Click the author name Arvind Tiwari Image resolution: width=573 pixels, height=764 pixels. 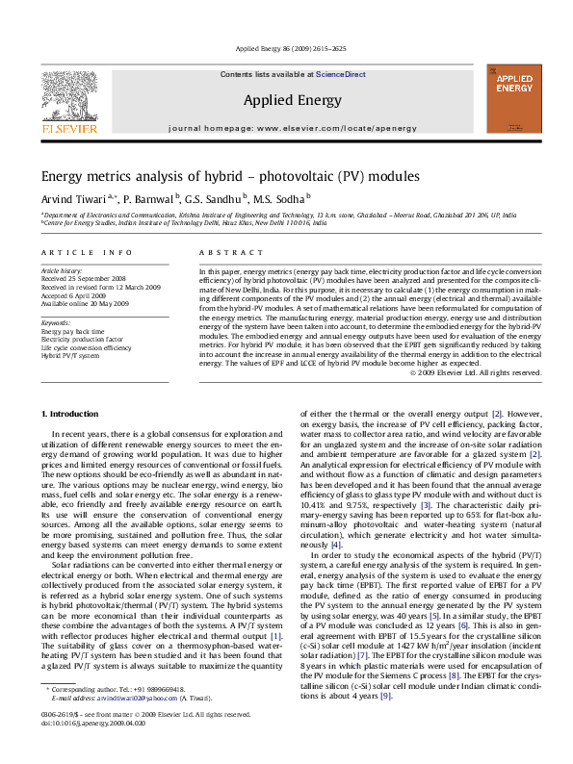point(76,199)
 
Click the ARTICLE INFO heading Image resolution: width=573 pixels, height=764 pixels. point(87,252)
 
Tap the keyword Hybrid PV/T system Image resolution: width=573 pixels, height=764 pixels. point(69,355)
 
